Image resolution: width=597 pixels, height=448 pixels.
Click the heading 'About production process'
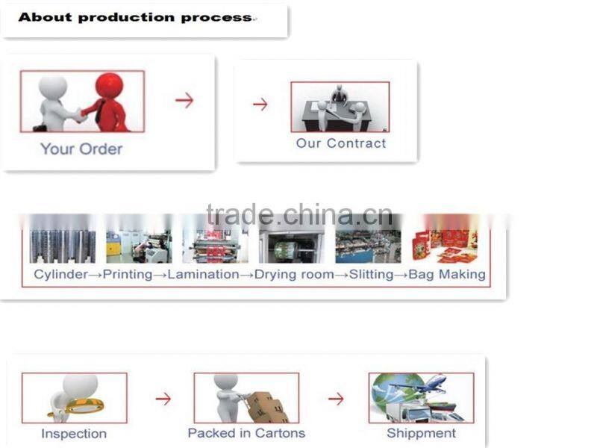135,17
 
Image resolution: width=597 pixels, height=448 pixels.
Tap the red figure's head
109,84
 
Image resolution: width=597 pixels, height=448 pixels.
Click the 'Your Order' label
81,149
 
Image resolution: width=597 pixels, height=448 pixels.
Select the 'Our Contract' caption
341,143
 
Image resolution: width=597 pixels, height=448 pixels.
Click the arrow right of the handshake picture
184,100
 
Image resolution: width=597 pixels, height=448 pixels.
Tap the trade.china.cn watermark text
299,215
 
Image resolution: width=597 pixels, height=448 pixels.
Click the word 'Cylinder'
61,274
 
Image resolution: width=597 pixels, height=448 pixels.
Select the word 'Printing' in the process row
128,274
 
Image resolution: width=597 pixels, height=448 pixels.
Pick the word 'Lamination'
203,274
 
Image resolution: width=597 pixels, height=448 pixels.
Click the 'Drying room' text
294,274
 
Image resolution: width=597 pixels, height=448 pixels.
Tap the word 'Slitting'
371,274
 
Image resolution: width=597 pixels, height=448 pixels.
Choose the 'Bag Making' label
447,274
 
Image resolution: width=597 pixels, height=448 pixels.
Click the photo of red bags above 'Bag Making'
445,246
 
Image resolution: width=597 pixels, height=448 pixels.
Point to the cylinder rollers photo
63,246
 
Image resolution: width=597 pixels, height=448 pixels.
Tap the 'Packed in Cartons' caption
246,433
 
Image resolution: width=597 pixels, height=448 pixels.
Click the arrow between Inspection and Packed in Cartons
163,399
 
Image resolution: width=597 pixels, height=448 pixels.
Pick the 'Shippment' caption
421,434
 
